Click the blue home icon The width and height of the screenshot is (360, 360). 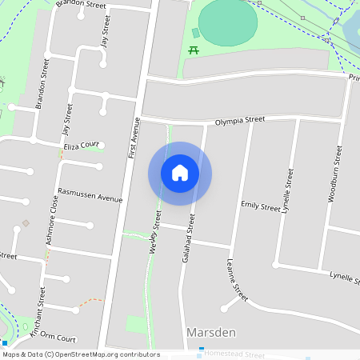(180, 173)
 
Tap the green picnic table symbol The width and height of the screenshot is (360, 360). (194, 51)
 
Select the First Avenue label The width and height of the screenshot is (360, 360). (133, 135)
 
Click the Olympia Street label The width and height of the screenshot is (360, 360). (239, 121)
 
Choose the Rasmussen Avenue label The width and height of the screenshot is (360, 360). (90, 193)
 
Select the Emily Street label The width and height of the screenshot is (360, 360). (261, 206)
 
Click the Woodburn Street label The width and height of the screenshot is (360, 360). (335, 173)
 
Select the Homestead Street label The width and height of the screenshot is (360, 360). (234, 354)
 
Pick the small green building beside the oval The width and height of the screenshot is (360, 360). (196, 33)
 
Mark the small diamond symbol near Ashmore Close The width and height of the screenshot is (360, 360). (26, 223)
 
